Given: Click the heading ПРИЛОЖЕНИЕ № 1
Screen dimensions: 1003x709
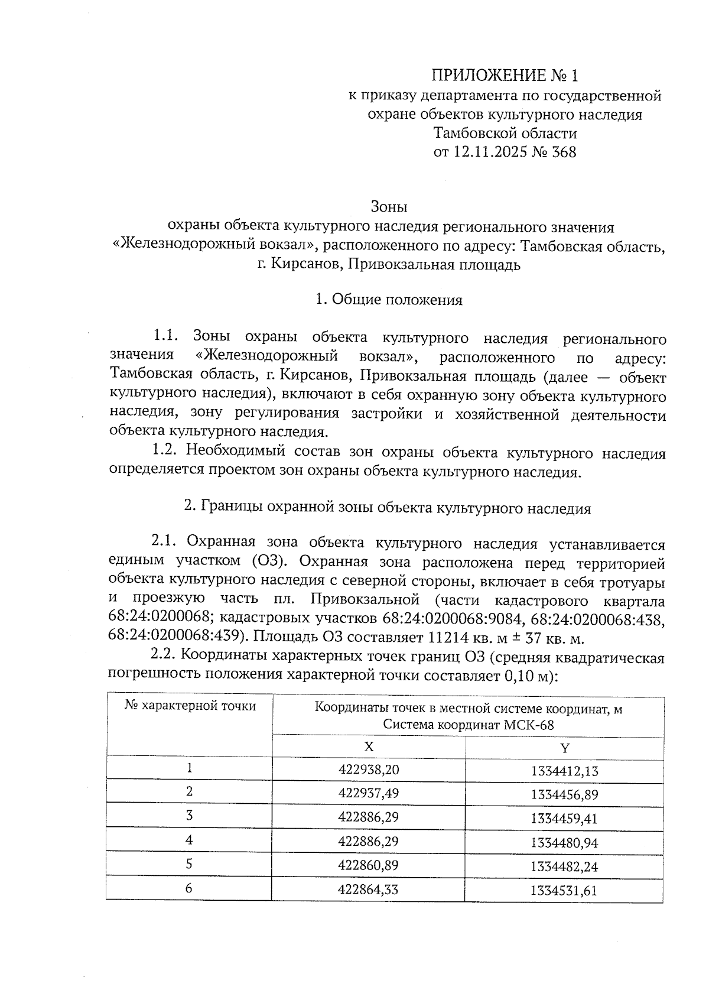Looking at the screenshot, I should point(505,76).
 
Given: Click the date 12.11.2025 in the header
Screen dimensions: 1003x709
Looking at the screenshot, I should point(490,152).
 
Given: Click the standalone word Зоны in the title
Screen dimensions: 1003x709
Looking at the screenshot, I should point(389,207).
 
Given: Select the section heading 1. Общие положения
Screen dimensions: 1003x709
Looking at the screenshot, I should point(388,300).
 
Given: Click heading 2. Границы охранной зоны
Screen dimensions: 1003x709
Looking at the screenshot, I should point(388,508).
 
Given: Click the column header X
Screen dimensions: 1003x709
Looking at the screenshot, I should point(369,746).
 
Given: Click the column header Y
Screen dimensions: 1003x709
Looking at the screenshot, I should point(564,748).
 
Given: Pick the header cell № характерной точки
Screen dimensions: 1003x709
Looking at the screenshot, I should point(190,706).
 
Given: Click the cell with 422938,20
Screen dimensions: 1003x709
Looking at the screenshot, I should point(369,770).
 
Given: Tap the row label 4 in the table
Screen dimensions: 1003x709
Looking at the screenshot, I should point(189,839).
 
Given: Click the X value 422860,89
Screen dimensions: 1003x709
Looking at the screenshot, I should point(369,865).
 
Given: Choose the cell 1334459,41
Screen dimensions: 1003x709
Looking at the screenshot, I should point(564,819).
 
